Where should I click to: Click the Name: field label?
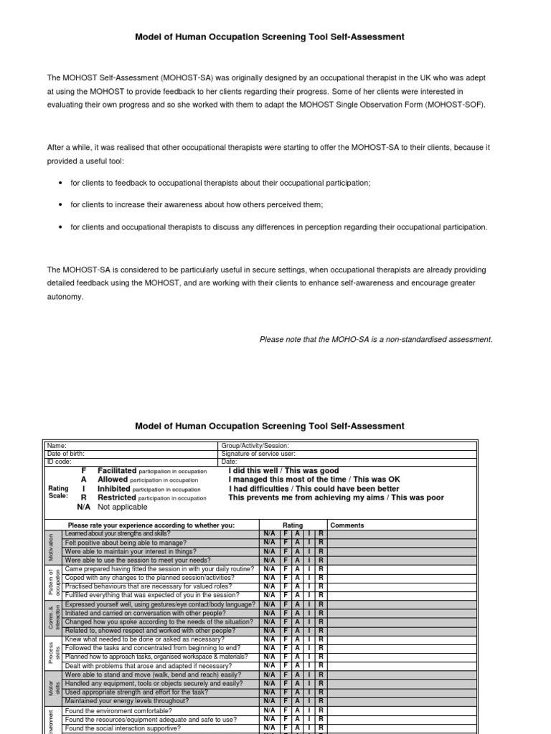pos(57,446)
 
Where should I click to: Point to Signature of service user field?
pos(258,454)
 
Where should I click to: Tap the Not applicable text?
pos(122,507)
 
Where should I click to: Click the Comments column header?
pos(347,525)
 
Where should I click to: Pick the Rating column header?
pos(293,525)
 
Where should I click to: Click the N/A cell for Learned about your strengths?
pos(269,534)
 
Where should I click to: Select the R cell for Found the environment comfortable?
pos(320,711)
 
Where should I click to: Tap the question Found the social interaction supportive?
pos(122,728)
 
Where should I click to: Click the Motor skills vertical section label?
pos(51,687)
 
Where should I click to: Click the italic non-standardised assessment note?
pos(375,340)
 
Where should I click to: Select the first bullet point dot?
pos(59,183)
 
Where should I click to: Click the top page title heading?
pos(270,37)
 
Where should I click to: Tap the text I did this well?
pos(260,471)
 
